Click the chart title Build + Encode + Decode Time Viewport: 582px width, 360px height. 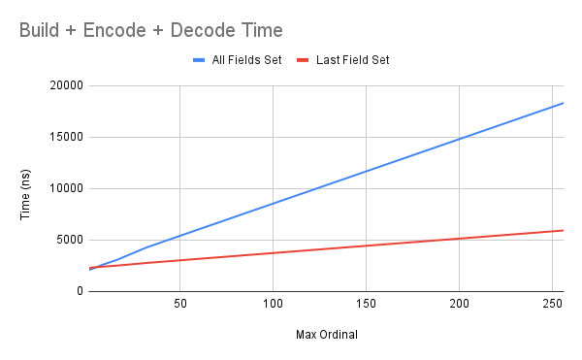(153, 30)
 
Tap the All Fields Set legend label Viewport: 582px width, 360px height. (247, 60)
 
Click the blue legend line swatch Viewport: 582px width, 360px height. (201, 60)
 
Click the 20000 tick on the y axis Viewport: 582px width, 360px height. (65, 86)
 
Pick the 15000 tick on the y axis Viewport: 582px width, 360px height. (65, 138)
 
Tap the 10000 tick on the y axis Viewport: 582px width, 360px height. (65, 189)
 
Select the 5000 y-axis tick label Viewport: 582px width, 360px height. (68, 240)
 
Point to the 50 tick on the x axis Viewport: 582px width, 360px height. (179, 304)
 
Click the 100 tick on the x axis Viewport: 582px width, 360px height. (273, 304)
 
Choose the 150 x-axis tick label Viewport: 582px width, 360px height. (366, 304)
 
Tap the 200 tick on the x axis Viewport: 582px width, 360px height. (459, 304)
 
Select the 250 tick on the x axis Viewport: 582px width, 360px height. (552, 304)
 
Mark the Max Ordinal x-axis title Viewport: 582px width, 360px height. (326, 336)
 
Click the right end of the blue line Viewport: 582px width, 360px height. (563, 103)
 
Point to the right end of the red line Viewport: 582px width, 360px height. (563, 230)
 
